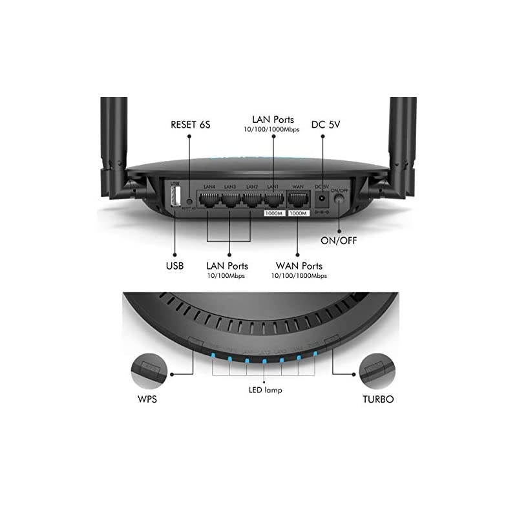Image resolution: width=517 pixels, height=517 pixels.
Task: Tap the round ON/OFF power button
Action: (x=339, y=202)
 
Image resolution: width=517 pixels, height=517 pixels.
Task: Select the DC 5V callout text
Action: (x=326, y=124)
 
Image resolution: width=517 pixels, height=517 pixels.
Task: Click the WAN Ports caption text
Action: (x=299, y=266)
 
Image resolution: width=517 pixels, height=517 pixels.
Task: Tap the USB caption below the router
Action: (x=174, y=266)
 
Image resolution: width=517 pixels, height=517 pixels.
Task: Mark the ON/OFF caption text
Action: (x=338, y=242)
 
